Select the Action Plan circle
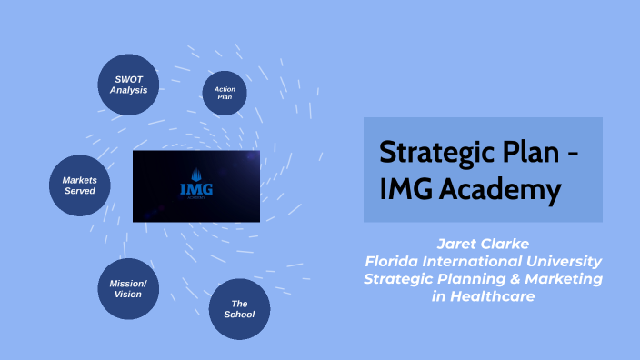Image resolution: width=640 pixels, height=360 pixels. [x=225, y=94]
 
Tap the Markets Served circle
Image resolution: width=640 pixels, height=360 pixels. [x=79, y=185]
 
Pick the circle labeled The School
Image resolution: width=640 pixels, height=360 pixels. [x=239, y=309]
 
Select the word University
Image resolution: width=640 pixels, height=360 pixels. [x=566, y=261]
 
